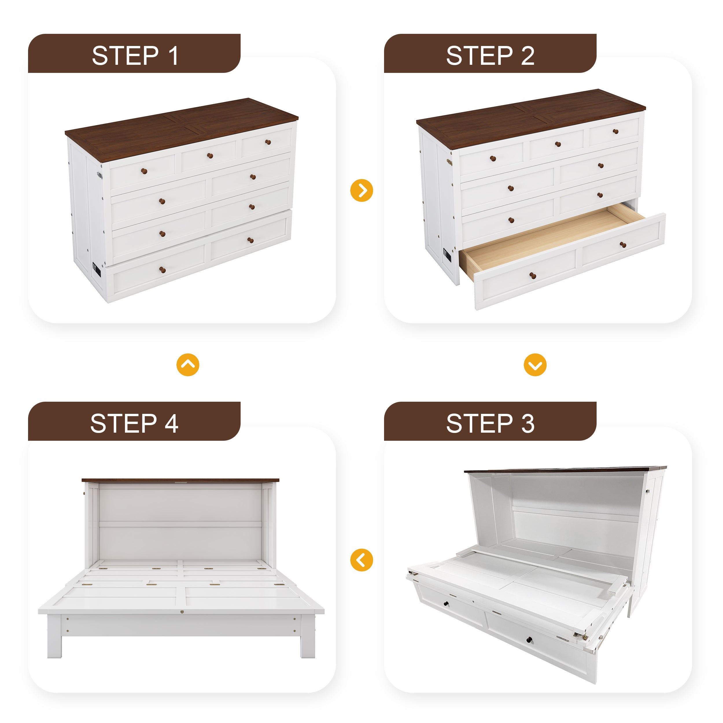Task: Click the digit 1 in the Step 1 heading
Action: (x=173, y=56)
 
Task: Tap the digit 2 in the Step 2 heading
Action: (x=528, y=56)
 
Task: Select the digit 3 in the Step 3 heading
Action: (x=528, y=424)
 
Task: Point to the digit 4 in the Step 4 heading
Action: (x=171, y=424)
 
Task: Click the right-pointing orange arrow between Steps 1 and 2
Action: (x=361, y=191)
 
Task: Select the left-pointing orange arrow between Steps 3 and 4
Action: (x=361, y=560)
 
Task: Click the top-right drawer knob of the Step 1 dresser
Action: (x=268, y=142)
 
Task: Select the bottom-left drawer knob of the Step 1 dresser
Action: (x=163, y=270)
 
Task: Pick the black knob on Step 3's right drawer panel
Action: (x=530, y=639)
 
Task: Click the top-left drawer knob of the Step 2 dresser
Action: (x=493, y=159)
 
